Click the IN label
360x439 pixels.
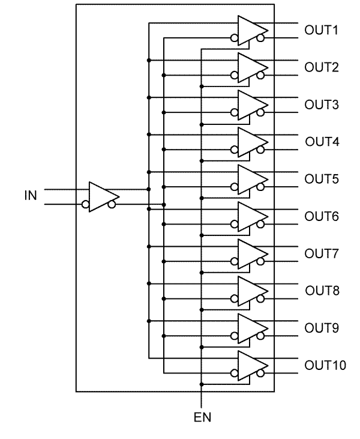tap(29, 196)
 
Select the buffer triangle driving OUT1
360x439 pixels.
tap(250, 30)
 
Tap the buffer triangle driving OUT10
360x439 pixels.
tap(250, 365)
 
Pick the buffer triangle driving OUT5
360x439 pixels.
tap(250, 179)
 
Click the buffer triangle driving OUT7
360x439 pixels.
tap(250, 253)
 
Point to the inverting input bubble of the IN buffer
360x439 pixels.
tap(86, 205)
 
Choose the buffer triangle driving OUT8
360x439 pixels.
tap(250, 291)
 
